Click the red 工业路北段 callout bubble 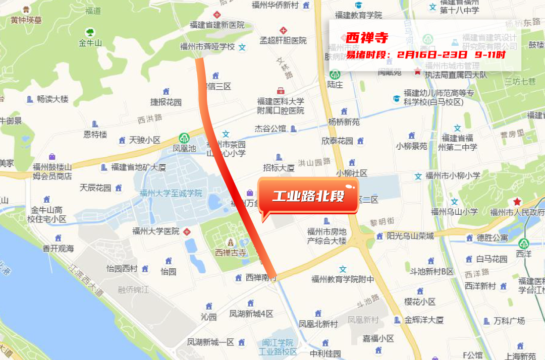pos(308,196)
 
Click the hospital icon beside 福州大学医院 pos(187,232)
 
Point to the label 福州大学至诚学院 pos(171,193)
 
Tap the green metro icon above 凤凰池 pos(184,138)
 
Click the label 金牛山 pos(90,43)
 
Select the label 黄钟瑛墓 pos(26,20)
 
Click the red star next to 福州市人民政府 pos(517,201)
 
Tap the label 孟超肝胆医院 pos(283,40)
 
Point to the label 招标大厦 pos(279,168)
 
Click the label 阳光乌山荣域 pos(410,236)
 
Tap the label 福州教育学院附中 pos(343,279)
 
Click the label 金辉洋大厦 pos(424,320)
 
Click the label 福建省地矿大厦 pos(138,167)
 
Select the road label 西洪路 pos(150,119)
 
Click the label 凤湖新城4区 pos(251,314)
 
